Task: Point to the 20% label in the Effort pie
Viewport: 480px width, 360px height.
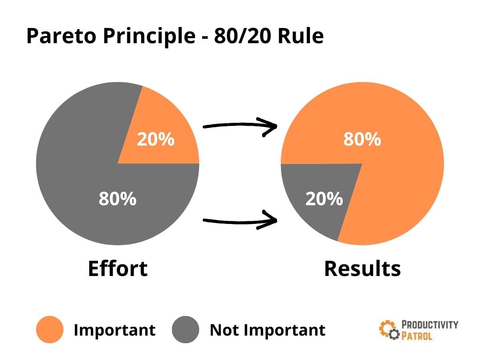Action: click(x=156, y=139)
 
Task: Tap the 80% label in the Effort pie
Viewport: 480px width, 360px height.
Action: click(x=117, y=199)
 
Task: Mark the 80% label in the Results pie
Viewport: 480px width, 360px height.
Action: click(x=362, y=139)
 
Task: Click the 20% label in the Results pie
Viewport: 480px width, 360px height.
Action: click(x=324, y=199)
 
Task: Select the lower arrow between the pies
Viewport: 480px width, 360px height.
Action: click(x=240, y=220)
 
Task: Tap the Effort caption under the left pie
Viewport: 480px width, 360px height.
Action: click(x=118, y=268)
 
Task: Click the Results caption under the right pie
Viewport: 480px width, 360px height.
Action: click(x=362, y=268)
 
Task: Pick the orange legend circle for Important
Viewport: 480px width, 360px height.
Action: click(x=50, y=330)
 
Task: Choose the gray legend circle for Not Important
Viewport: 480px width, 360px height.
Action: click(x=186, y=330)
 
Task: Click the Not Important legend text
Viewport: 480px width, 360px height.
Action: click(x=267, y=330)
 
